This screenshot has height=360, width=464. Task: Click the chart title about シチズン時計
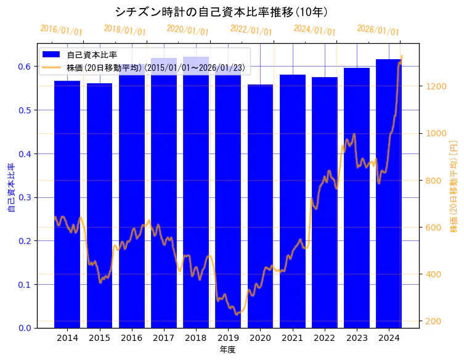coord(221,12)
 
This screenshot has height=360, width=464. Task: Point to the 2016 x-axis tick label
coord(131,338)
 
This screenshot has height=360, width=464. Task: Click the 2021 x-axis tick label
coord(292,338)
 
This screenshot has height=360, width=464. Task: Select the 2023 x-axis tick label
coord(357,338)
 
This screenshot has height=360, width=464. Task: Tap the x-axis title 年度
coord(227,350)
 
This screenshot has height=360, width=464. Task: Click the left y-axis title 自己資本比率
coord(10,187)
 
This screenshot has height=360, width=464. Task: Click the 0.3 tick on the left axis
coord(25,197)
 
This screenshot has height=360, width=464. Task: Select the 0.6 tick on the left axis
coord(25,67)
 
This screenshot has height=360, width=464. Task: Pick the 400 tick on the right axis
coord(433,274)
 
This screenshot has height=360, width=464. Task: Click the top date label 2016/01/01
coord(61,30)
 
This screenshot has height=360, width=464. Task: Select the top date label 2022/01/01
coord(251,30)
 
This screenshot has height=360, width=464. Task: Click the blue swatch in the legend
coord(51,55)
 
